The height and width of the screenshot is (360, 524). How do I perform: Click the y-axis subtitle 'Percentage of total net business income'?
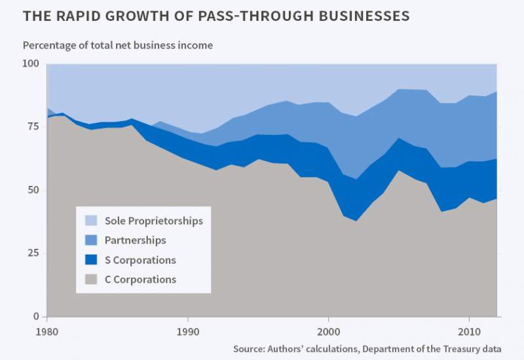pos(118,46)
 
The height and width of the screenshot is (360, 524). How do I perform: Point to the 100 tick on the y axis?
pos(31,64)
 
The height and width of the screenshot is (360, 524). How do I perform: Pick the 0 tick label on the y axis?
pos(37,317)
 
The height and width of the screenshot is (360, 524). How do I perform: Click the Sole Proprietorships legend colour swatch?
pos(92,221)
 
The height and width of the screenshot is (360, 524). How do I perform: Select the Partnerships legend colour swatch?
pos(92,240)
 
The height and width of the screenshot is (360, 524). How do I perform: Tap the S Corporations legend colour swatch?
pos(92,260)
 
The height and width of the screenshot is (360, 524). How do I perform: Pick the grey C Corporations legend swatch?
pos(92,279)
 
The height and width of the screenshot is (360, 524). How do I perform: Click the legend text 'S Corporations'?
pos(140,260)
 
